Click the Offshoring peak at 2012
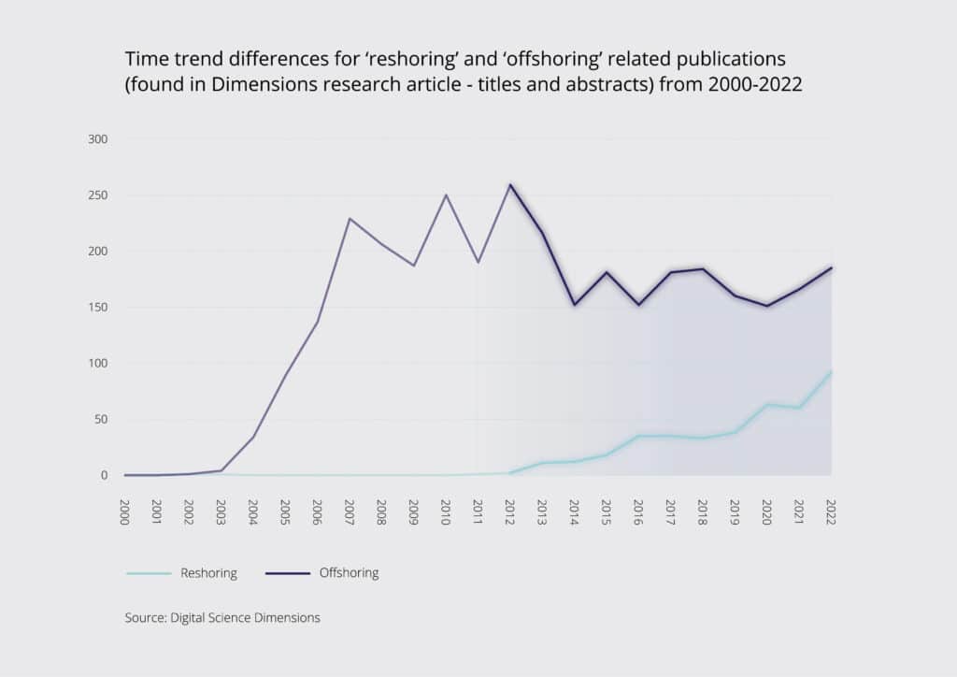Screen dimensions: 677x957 [510, 184]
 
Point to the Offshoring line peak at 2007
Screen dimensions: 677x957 [350, 219]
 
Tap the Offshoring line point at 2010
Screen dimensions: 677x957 [446, 195]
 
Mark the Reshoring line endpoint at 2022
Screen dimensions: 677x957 [831, 371]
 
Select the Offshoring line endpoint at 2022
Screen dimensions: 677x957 [831, 268]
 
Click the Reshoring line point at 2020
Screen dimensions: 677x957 [766, 404]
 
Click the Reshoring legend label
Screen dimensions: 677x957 [208, 573]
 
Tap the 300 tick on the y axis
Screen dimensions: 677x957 [98, 139]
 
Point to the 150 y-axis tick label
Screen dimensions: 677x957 [98, 308]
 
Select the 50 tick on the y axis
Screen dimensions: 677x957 [101, 420]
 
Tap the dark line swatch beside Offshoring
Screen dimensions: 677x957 [287, 573]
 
